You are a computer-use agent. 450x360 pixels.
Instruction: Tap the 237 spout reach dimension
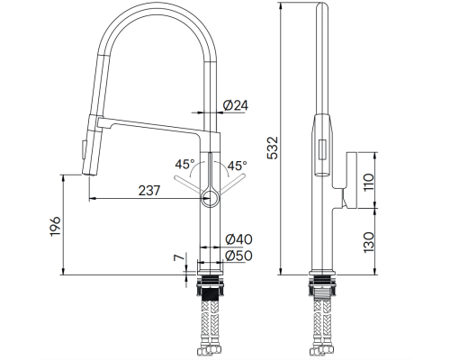149,191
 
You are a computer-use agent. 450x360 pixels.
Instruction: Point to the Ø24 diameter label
235,106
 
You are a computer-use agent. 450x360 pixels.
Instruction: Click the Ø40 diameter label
238,239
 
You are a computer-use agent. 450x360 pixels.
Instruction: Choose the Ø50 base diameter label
238,256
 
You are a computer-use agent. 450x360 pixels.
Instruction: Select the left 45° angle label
183,165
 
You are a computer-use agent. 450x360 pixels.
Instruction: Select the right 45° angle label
237,165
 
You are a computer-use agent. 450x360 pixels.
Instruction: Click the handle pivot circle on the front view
209,195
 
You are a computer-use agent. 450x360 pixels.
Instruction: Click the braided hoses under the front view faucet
210,324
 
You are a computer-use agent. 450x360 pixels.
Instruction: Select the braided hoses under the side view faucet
322,324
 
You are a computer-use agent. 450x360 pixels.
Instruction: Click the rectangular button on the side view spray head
320,152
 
